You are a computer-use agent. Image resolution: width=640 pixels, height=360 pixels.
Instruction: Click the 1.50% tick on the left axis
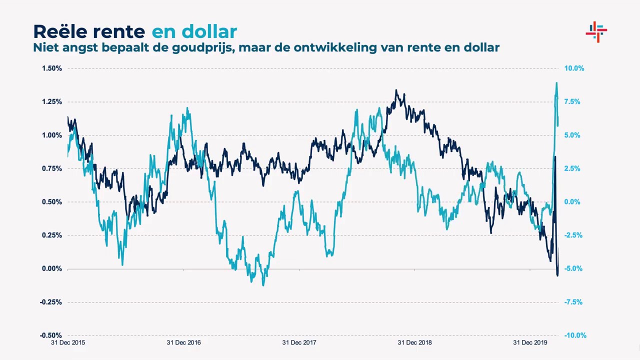[52, 68]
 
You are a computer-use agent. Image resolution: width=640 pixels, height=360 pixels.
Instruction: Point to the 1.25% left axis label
[52, 102]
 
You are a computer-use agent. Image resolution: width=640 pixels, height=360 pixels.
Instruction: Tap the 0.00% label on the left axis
[52, 269]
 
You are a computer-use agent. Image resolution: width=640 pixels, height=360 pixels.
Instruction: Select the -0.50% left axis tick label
[51, 335]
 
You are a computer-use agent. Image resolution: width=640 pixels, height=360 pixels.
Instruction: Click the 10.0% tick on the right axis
[574, 68]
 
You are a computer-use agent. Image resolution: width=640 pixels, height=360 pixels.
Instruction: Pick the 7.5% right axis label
[572, 102]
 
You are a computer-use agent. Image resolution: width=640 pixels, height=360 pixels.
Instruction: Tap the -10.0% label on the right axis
[575, 335]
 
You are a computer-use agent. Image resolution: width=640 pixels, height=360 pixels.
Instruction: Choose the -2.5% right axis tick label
[573, 235]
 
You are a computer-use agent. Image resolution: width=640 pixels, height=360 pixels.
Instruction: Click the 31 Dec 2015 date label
[68, 343]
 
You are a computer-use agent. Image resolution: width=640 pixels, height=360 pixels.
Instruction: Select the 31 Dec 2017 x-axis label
[299, 343]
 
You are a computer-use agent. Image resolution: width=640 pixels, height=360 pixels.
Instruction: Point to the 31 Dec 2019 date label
[530, 343]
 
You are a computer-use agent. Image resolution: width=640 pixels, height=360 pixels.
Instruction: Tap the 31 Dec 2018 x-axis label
[414, 343]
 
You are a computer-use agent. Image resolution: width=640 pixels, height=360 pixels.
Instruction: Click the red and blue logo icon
[596, 32]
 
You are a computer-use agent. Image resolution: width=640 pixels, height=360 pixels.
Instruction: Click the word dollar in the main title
[209, 31]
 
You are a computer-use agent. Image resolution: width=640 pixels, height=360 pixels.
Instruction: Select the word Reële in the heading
[61, 31]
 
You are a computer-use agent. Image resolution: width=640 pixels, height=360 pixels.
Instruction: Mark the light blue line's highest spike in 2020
[556, 83]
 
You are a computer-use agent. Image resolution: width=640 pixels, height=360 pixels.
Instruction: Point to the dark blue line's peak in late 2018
[396, 91]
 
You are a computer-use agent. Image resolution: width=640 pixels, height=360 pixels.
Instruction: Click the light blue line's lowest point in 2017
[263, 285]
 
